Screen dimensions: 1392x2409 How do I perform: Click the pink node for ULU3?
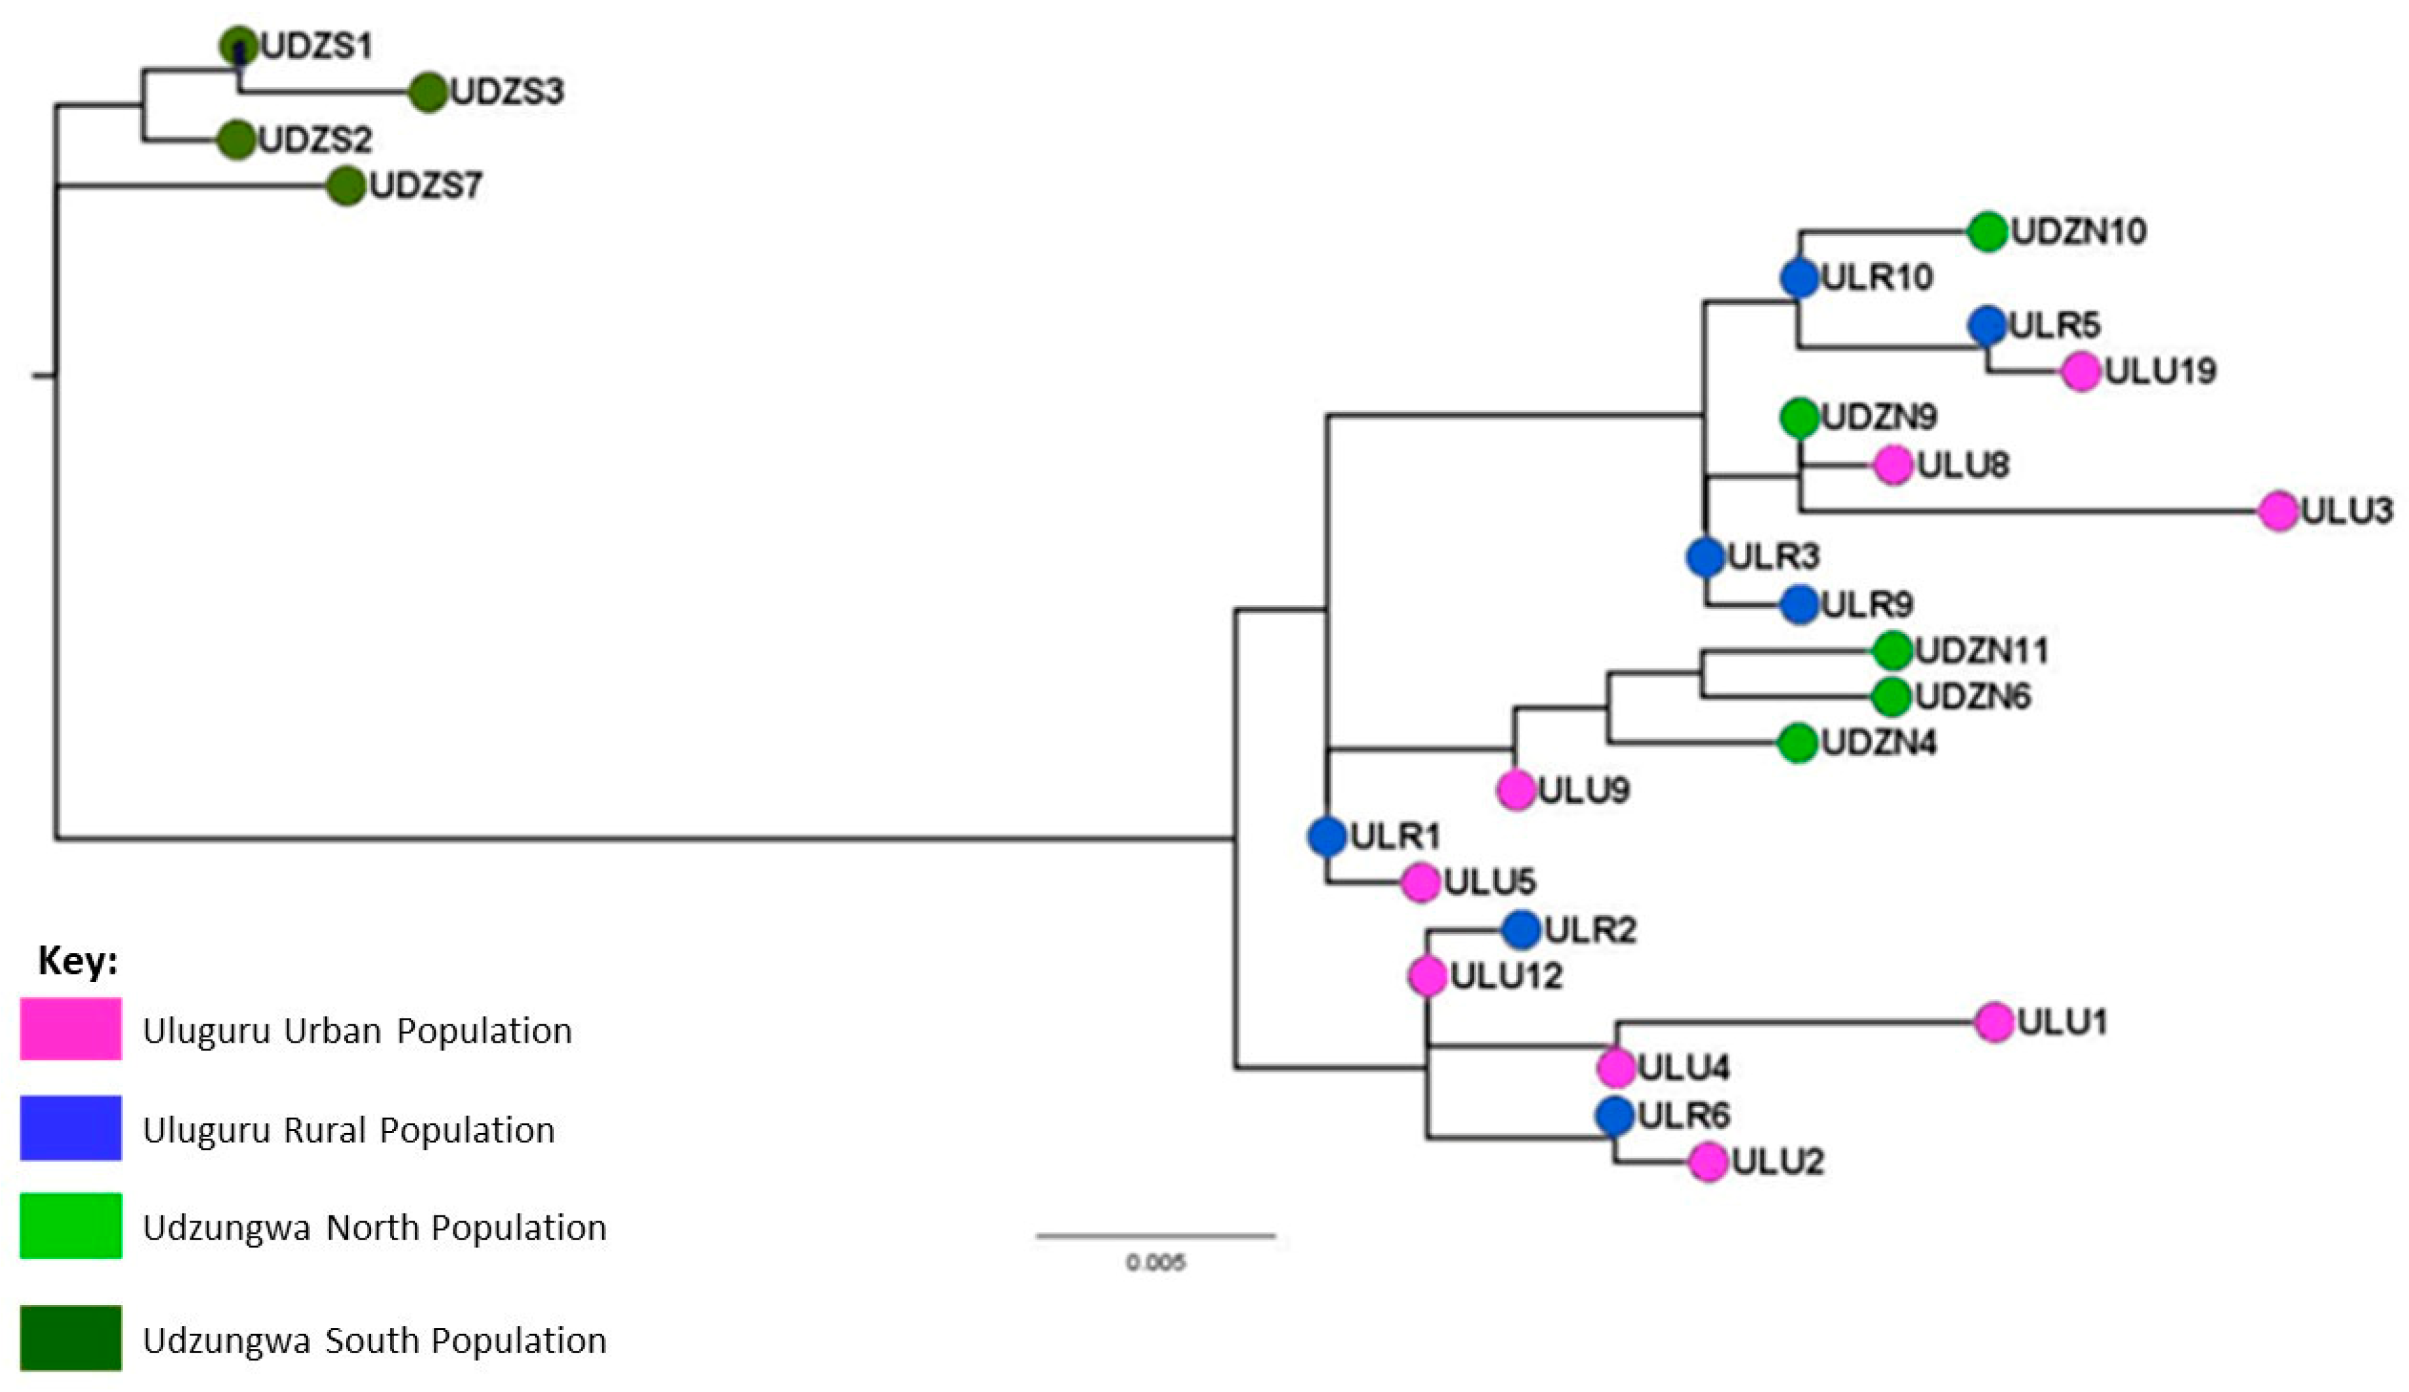click(2278, 510)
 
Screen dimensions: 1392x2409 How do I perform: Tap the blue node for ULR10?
click(1799, 278)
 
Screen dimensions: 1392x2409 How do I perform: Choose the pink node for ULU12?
click(1427, 976)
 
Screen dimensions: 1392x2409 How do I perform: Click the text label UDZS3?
click(506, 92)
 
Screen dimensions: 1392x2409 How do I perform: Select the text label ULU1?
click(2062, 1022)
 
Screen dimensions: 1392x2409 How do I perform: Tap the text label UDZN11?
click(1982, 651)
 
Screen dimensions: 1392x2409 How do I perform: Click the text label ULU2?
click(1778, 1162)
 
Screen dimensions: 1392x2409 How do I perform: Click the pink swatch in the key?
click(71, 1030)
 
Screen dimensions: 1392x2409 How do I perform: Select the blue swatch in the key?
click(71, 1128)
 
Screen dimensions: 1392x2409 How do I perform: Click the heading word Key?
click(77, 960)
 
